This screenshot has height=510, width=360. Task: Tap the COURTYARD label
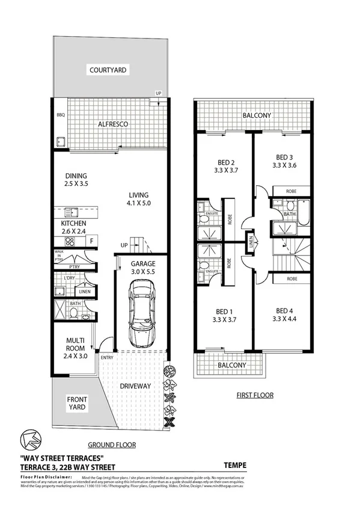coord(108,70)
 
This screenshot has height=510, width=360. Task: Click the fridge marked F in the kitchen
coord(91,241)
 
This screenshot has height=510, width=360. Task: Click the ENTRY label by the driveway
coord(107,358)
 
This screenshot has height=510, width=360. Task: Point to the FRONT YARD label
coord(76,402)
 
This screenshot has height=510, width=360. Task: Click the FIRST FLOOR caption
coord(254,395)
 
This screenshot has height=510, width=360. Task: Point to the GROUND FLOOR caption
coord(111,445)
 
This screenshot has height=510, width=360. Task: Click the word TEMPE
coord(235,465)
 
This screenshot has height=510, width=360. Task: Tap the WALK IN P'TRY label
coord(59,255)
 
